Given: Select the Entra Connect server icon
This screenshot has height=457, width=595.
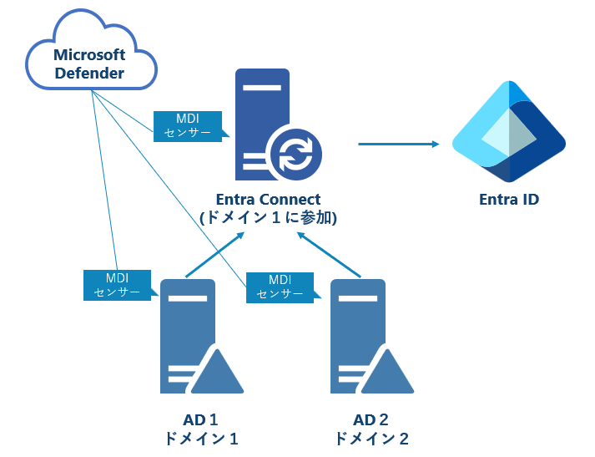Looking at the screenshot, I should [262, 121].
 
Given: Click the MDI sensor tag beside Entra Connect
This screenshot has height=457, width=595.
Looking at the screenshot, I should [189, 125].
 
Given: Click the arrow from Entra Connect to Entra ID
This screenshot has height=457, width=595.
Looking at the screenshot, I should [398, 144].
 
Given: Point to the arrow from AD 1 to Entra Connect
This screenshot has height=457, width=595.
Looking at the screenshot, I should [214, 255].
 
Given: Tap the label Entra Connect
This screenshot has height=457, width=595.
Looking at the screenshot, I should [267, 199].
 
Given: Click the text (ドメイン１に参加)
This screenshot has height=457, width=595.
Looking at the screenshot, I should [267, 218].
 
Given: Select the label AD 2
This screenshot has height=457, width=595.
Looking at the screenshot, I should [371, 419].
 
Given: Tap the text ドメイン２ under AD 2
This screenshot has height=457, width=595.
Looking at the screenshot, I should [371, 439].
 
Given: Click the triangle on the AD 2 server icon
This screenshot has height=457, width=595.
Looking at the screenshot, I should [388, 373].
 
